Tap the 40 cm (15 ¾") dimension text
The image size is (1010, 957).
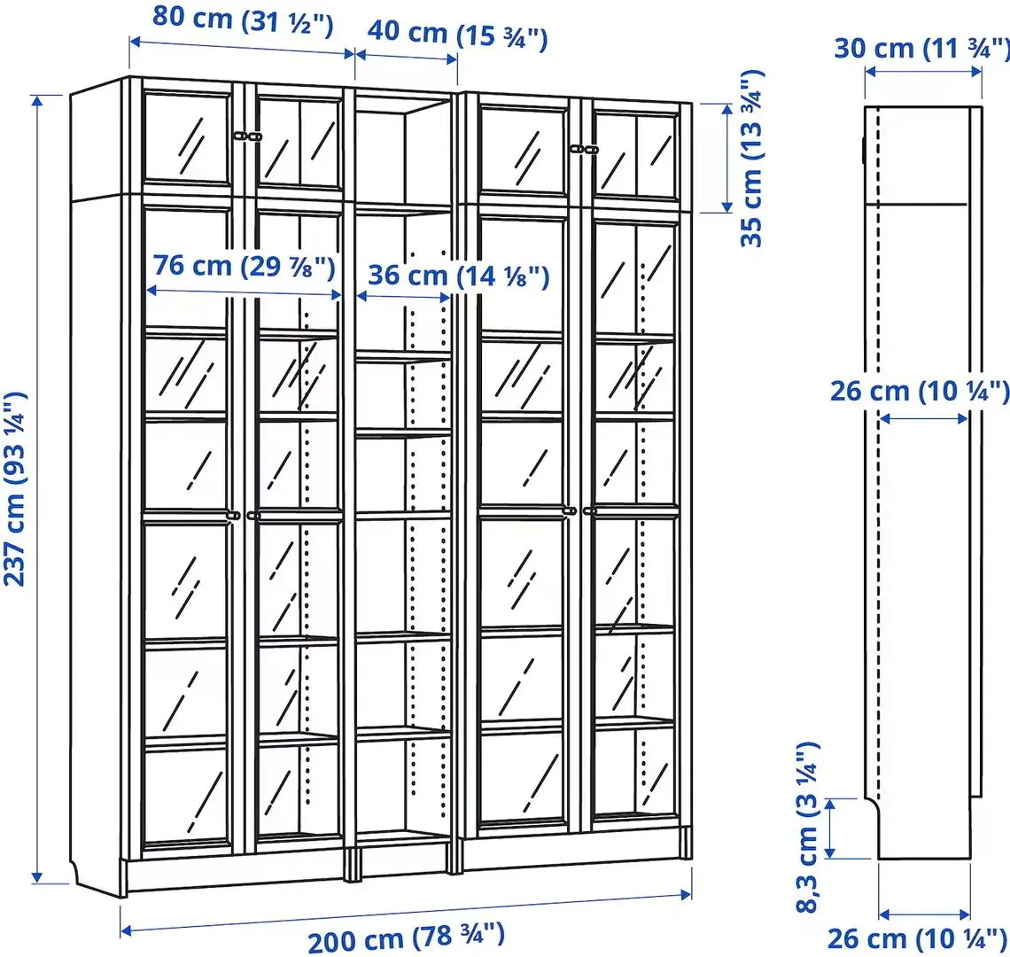pyautogui.click(x=457, y=35)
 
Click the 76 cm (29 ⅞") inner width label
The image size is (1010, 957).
pyautogui.click(x=244, y=265)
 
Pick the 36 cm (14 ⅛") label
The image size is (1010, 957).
pyautogui.click(x=458, y=276)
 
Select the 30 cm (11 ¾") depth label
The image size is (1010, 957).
pyautogui.click(x=921, y=49)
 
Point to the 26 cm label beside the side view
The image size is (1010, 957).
pyautogui.click(x=920, y=390)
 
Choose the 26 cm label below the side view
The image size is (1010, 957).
pyautogui.click(x=918, y=938)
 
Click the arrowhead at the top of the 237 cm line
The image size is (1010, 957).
pyautogui.click(x=36, y=98)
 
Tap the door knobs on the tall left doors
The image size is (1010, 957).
pyautogui.click(x=244, y=514)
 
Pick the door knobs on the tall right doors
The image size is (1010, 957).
pyautogui.click(x=579, y=510)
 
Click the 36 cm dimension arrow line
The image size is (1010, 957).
pyautogui.click(x=403, y=296)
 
